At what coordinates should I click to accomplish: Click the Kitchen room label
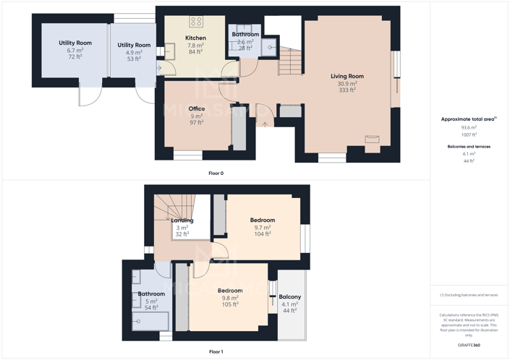[195, 38]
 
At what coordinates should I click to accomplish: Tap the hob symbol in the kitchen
[196, 22]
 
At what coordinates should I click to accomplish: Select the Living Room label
[347, 76]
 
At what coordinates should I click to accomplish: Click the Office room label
[197, 109]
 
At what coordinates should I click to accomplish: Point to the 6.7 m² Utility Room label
[75, 43]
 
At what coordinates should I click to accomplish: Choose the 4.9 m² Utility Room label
[134, 46]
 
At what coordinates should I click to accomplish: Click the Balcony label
[290, 297]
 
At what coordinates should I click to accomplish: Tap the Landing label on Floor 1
[182, 220]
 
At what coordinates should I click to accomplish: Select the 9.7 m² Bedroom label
[263, 220]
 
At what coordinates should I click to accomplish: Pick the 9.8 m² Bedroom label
[230, 291]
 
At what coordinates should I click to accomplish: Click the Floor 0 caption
[216, 173]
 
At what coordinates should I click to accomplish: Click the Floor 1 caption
[216, 352]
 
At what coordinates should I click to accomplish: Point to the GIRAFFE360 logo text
[469, 345]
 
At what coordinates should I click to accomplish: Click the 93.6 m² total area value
[469, 127]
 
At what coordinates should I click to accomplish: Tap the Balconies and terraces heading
[469, 147]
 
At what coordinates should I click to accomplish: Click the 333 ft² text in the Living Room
[347, 90]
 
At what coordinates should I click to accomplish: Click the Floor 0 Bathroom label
[245, 35]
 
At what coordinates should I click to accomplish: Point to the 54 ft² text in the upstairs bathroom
[151, 308]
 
